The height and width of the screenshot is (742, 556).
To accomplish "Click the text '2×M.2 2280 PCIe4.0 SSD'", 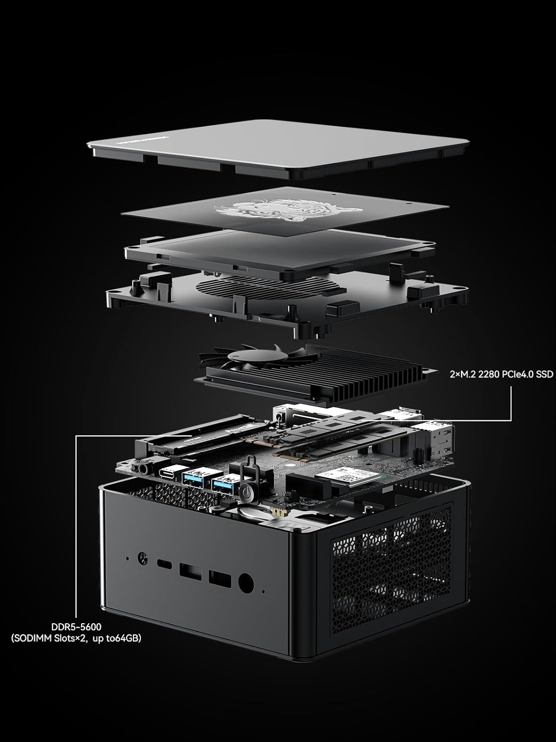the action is (500, 374).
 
